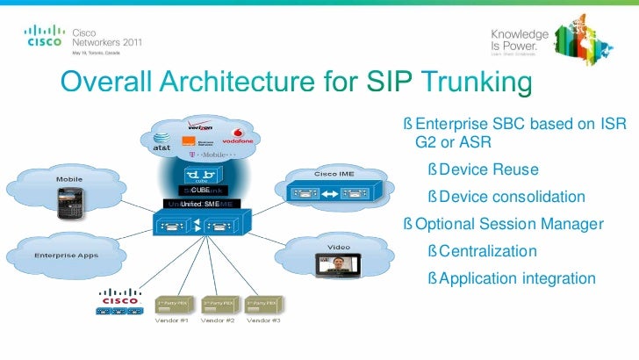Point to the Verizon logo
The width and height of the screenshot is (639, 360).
tap(202, 126)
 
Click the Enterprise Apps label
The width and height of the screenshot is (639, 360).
tap(65, 256)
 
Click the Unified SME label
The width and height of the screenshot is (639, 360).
tap(199, 204)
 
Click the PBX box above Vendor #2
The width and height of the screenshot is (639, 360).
tap(218, 304)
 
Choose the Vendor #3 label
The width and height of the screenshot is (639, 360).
tap(263, 320)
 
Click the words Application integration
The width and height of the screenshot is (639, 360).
tap(516, 279)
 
